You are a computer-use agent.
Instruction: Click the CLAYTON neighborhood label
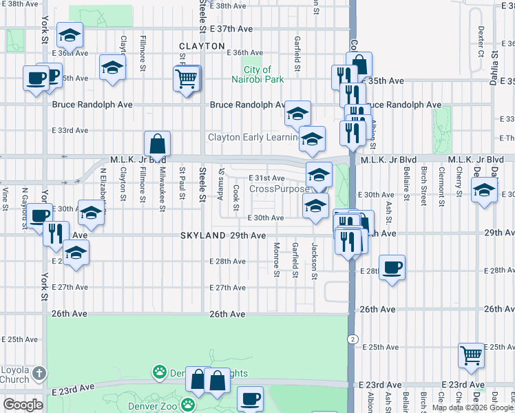[202, 46]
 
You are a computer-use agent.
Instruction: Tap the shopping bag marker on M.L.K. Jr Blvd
[158, 145]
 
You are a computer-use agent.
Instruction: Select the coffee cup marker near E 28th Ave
[392, 268]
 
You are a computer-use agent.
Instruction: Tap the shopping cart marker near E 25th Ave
[472, 355]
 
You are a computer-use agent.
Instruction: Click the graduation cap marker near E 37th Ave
[70, 35]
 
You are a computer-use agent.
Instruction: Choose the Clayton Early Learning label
[254, 138]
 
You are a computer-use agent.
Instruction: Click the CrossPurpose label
[279, 189]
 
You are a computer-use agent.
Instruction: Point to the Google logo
[23, 405]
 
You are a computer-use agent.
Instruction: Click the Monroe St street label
[276, 260]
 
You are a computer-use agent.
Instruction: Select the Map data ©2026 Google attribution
[472, 407]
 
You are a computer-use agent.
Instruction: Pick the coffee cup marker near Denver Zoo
[250, 399]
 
